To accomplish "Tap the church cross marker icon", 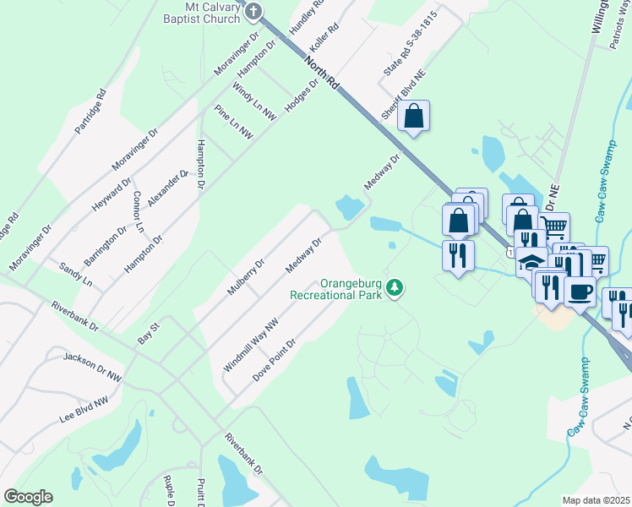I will pos(254,11).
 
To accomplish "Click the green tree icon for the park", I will pos(394,289).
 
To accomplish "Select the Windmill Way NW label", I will pos(250,345).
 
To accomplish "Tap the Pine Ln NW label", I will pos(233,122).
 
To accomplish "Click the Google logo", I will pos(28,497).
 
